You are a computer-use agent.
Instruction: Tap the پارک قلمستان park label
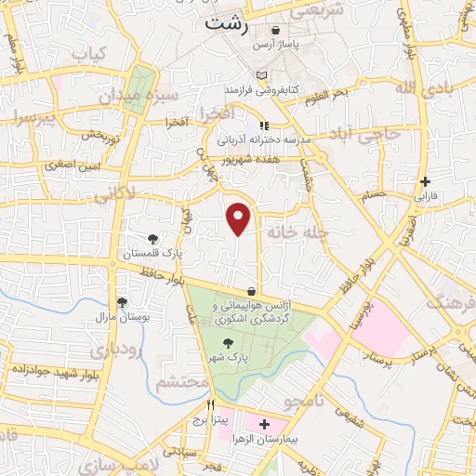click(154, 253)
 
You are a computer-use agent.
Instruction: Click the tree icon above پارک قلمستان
click(153, 239)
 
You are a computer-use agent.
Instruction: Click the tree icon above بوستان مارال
click(122, 302)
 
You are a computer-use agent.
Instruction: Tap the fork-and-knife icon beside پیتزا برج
click(211, 405)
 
